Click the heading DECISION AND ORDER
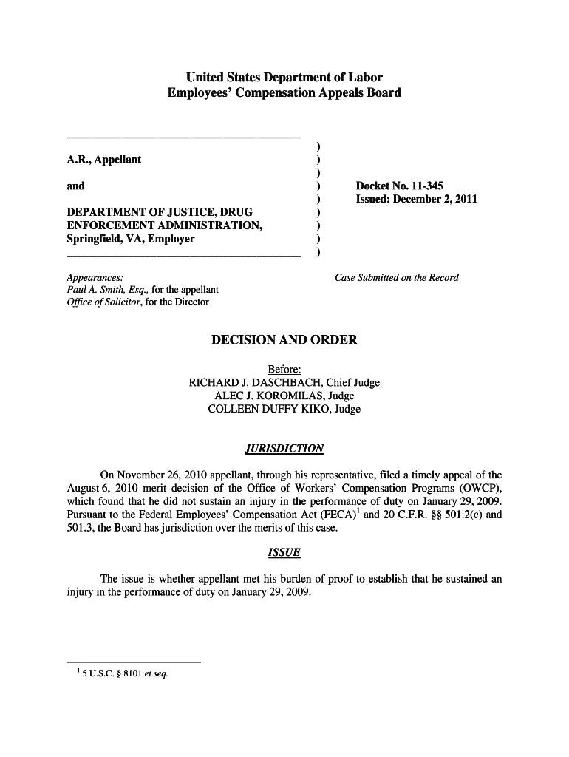tap(284, 340)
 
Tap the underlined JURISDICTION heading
tap(284, 449)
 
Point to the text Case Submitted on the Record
tap(397, 278)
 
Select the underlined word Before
tap(284, 370)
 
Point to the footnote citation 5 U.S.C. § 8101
tap(120, 673)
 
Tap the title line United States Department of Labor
tap(284, 78)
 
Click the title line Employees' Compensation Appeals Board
tap(284, 93)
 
